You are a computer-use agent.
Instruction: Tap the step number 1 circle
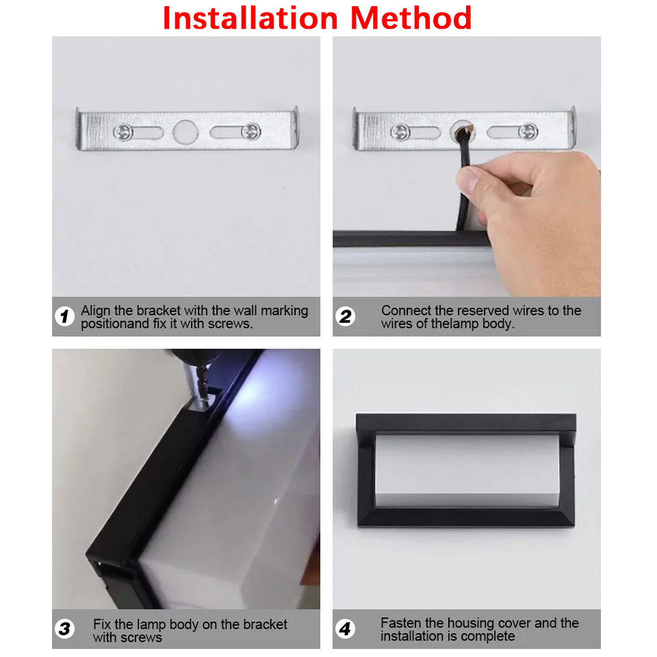(64, 317)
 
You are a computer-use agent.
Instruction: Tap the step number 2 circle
(346, 317)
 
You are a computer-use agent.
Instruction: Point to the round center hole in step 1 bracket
(185, 131)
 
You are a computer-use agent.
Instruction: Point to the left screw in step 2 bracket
(401, 132)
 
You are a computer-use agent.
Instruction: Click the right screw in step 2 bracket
(528, 131)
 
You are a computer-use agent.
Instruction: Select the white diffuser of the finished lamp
(467, 467)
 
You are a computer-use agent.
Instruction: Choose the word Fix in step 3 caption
(103, 624)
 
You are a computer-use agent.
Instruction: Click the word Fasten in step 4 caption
(401, 623)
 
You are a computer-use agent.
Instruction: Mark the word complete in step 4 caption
(488, 636)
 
